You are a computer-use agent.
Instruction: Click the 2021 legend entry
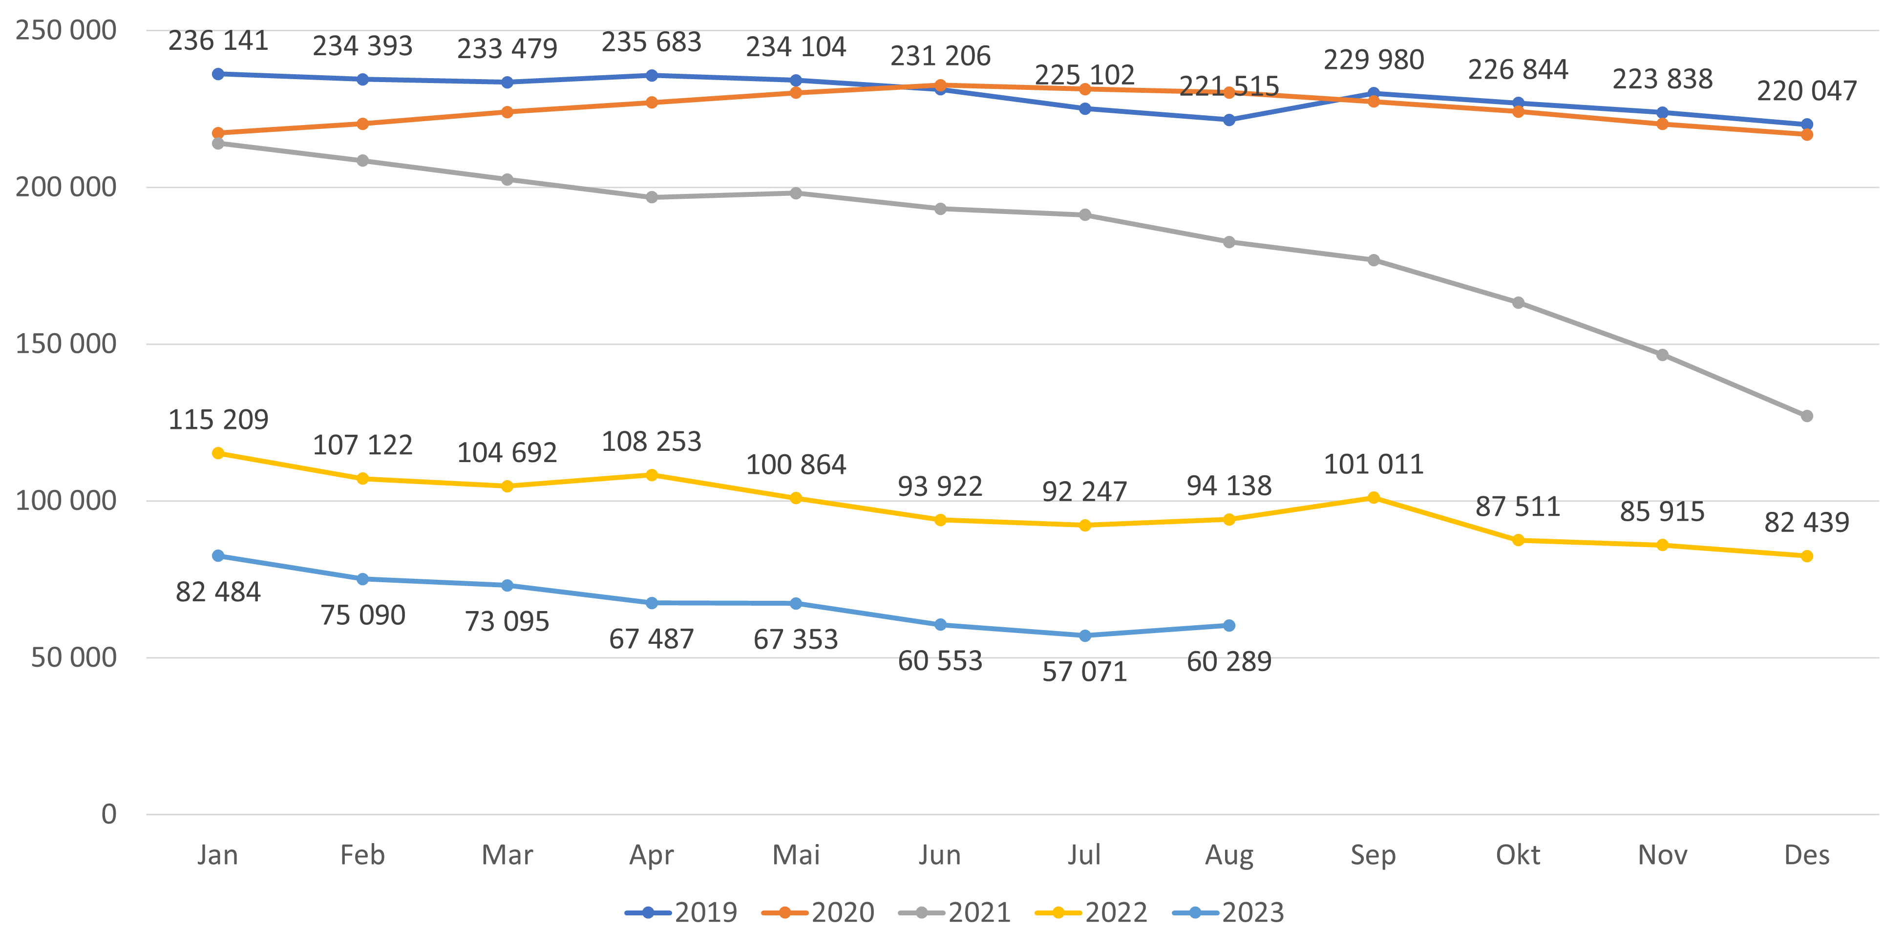point(955,913)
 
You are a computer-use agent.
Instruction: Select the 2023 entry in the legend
point(1228,913)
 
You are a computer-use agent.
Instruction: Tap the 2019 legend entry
point(681,913)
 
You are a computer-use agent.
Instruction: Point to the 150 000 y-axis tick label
point(66,344)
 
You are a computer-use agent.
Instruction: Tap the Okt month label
point(1518,855)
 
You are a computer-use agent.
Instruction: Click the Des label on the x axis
point(1806,855)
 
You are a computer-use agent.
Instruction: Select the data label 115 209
point(218,420)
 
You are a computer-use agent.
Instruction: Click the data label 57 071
point(1084,672)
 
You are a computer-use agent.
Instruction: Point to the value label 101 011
point(1374,464)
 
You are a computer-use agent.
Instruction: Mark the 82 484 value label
point(218,592)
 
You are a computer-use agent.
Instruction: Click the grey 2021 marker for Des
point(1806,416)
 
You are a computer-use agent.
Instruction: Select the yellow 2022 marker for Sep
point(1374,497)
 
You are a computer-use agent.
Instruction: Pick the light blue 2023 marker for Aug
point(1229,625)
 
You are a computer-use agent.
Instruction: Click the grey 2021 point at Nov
point(1662,355)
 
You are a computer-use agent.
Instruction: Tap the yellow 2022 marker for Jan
point(218,453)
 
